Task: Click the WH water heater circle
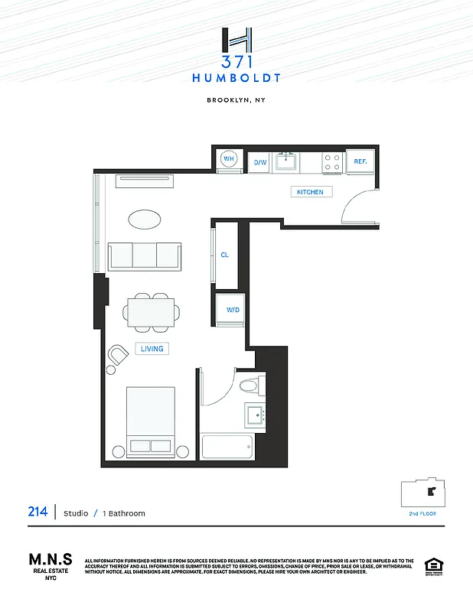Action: pos(229,159)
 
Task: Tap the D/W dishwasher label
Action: pos(260,162)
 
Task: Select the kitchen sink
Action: pos(287,161)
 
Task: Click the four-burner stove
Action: pos(332,161)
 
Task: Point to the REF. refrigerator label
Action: pos(360,161)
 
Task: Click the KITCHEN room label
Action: pos(310,192)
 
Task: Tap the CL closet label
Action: pos(225,255)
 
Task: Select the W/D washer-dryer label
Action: pos(233,310)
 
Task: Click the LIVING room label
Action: pos(152,349)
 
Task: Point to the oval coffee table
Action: pos(145,220)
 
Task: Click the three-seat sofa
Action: pos(145,256)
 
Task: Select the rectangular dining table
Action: pos(152,312)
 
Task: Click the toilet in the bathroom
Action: pos(250,385)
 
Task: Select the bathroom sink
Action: pos(255,415)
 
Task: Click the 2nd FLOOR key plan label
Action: pos(422,514)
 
